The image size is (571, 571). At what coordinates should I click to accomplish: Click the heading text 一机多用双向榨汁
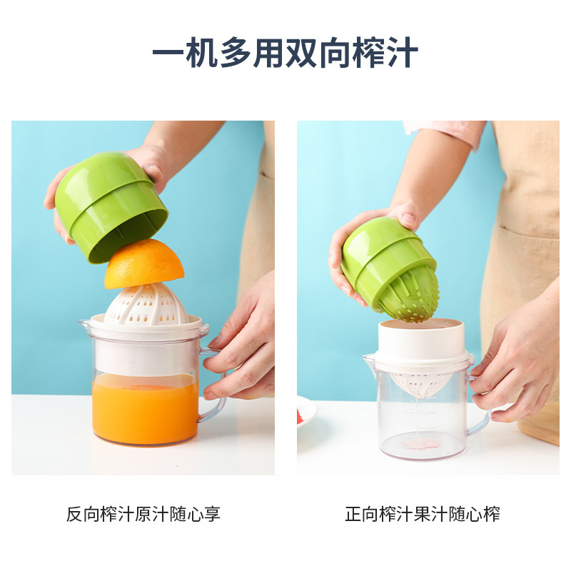285,54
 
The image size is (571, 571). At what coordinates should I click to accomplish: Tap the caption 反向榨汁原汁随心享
143,513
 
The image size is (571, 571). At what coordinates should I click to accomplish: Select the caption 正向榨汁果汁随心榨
423,513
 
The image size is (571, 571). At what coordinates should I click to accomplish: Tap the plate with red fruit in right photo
305,413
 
